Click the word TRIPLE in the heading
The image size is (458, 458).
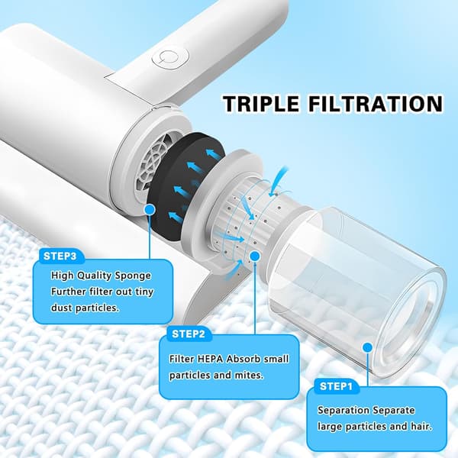tap(261, 103)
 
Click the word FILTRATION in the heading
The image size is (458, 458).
tap(376, 103)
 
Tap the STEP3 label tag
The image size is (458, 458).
tap(60, 256)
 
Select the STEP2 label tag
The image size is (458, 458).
tap(189, 334)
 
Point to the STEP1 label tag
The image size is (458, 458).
tap(336, 386)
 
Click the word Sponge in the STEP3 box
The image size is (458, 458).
tap(133, 276)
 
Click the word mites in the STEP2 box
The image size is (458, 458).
tap(249, 375)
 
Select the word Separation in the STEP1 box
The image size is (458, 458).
tap(340, 411)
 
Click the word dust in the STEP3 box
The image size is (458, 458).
tap(62, 308)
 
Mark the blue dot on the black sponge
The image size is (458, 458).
tap(150, 209)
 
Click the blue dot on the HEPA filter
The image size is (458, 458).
tap(255, 256)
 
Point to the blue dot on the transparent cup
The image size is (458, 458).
tap(368, 347)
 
